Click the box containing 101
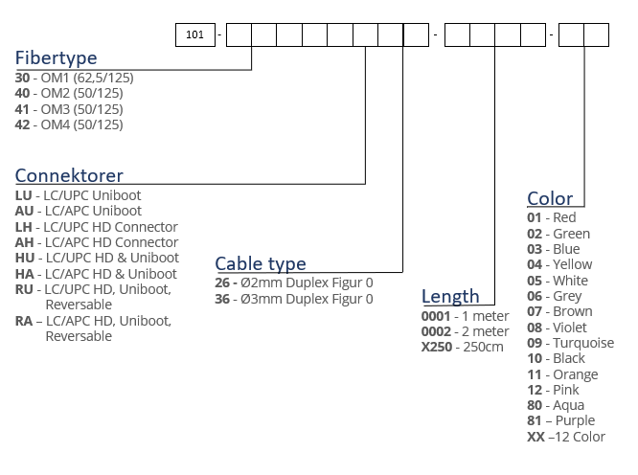[195, 35]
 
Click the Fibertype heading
[56, 58]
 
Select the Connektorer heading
[69, 175]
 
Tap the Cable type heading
[261, 263]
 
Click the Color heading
[550, 198]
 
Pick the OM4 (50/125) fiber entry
[69, 124]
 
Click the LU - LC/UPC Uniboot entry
[79, 195]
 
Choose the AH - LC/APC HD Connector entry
[97, 242]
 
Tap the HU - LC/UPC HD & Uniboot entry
[97, 258]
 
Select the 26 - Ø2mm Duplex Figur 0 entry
[294, 283]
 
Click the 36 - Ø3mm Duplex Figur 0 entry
[294, 299]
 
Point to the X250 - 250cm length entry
[462, 347]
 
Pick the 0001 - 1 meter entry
[464, 316]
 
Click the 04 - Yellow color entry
[559, 264]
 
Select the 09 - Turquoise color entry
[570, 343]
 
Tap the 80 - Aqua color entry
[555, 405]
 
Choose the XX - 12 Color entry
[565, 437]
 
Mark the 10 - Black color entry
[557, 358]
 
